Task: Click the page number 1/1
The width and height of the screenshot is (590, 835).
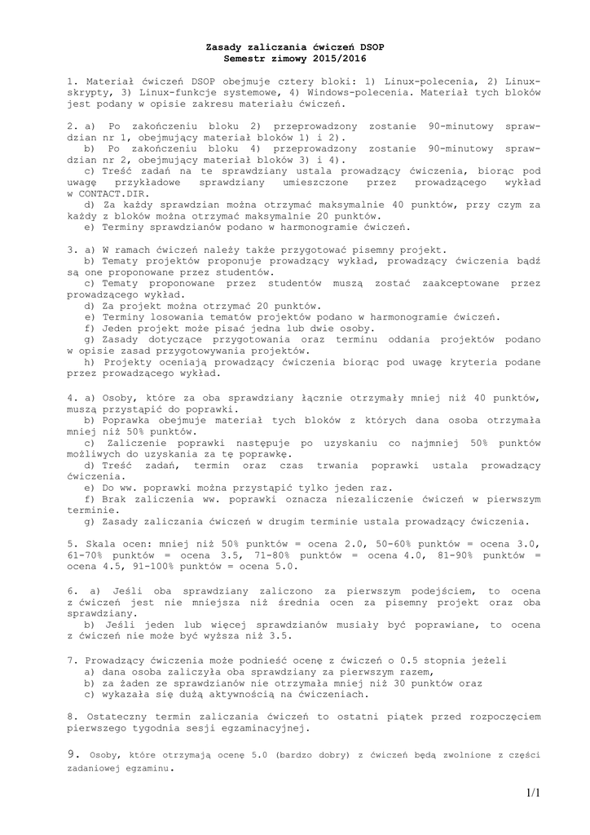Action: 533,793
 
